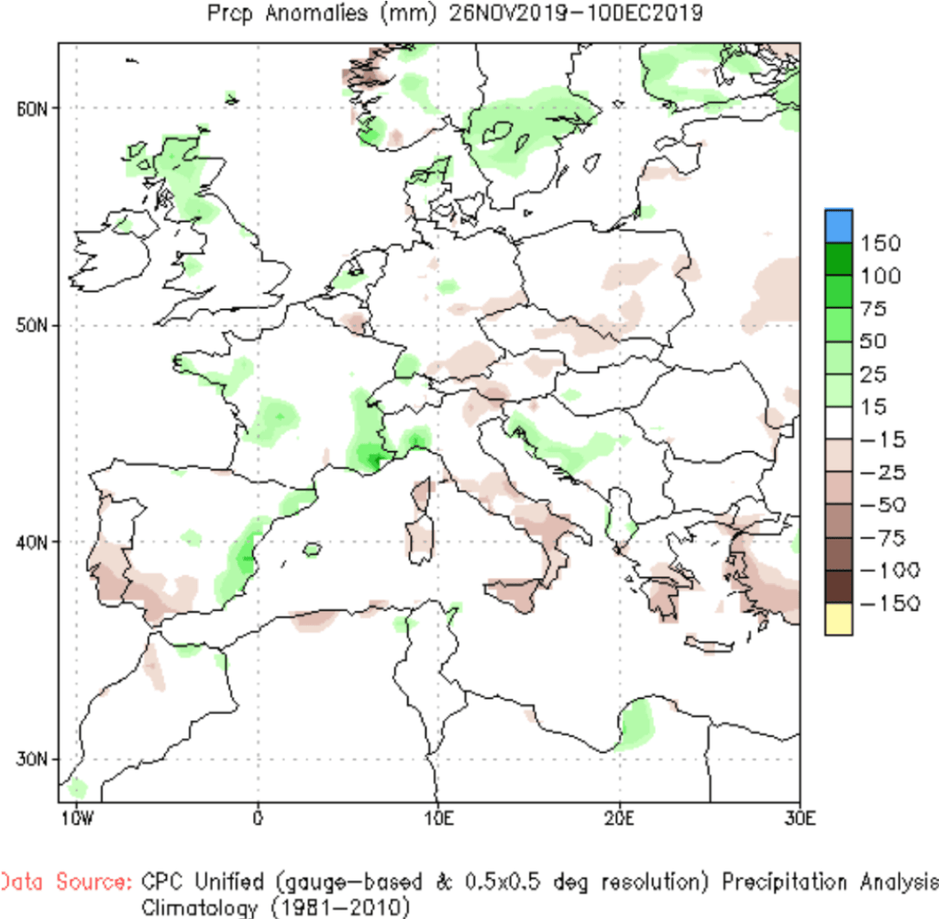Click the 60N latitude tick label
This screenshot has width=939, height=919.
31,108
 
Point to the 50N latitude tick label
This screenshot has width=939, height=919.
31,327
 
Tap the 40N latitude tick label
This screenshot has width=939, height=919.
31,543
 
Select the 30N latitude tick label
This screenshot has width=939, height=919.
31,760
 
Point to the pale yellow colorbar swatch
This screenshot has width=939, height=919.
838,619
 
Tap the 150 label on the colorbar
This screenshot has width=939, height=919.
880,244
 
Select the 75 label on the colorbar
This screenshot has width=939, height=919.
874,309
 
